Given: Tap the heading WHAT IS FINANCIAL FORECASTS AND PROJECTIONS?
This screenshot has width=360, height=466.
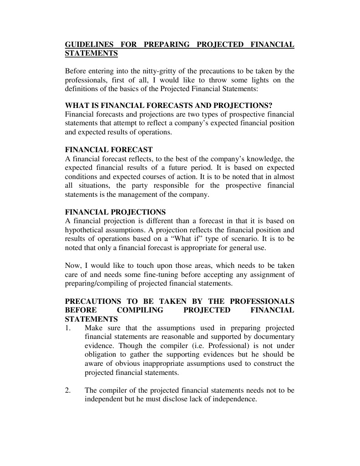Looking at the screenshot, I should (x=168, y=106).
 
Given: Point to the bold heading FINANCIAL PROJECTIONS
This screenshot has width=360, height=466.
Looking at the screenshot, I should (x=115, y=212).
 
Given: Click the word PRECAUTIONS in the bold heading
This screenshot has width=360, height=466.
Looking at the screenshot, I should (x=93, y=302).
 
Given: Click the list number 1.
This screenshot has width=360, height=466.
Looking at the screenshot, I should (x=68, y=328).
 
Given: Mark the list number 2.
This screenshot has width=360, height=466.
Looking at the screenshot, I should (x=68, y=390).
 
